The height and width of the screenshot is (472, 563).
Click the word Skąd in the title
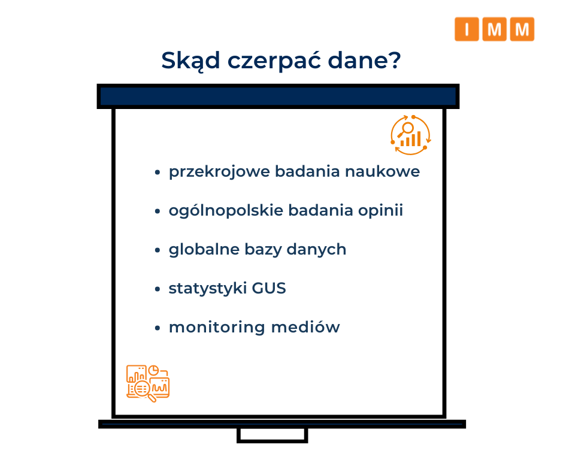[190, 60]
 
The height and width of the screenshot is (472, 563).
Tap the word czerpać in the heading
[274, 61]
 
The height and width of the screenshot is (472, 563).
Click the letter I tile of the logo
[467, 29]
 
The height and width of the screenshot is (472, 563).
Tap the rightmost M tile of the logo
[522, 29]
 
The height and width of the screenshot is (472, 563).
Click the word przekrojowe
[219, 172]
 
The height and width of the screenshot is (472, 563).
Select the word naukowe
[382, 171]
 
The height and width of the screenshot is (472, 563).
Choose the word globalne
[204, 249]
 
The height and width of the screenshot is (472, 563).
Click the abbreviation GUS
[269, 289]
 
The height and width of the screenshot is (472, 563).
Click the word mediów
[305, 327]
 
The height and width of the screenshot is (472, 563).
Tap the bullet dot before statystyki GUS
[157, 289]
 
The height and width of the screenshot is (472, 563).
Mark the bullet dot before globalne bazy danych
[157, 250]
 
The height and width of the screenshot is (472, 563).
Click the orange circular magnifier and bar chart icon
[411, 135]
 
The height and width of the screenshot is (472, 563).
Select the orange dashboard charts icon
[147, 383]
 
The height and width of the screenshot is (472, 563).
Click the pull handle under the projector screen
[272, 435]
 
